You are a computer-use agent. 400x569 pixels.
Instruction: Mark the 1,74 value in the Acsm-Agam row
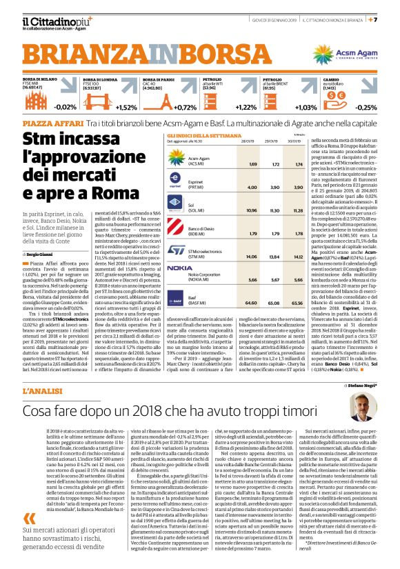pos(299,164)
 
